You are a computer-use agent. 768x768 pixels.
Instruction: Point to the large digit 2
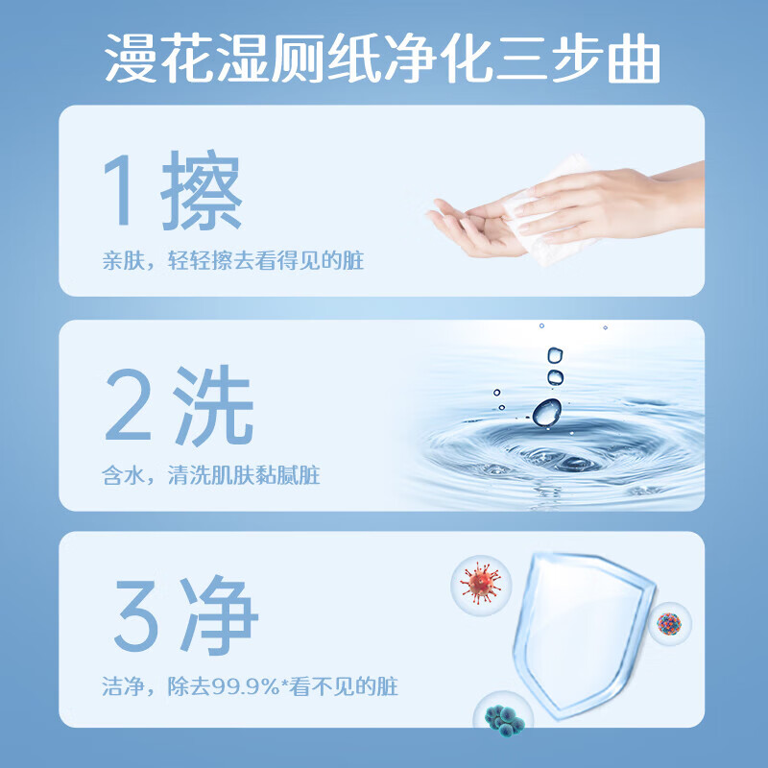tap(133, 409)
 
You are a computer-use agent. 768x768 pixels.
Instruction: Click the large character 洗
tap(212, 409)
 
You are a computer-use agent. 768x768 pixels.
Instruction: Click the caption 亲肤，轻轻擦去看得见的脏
tap(233, 260)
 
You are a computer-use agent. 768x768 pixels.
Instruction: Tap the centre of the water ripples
tap(557, 451)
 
